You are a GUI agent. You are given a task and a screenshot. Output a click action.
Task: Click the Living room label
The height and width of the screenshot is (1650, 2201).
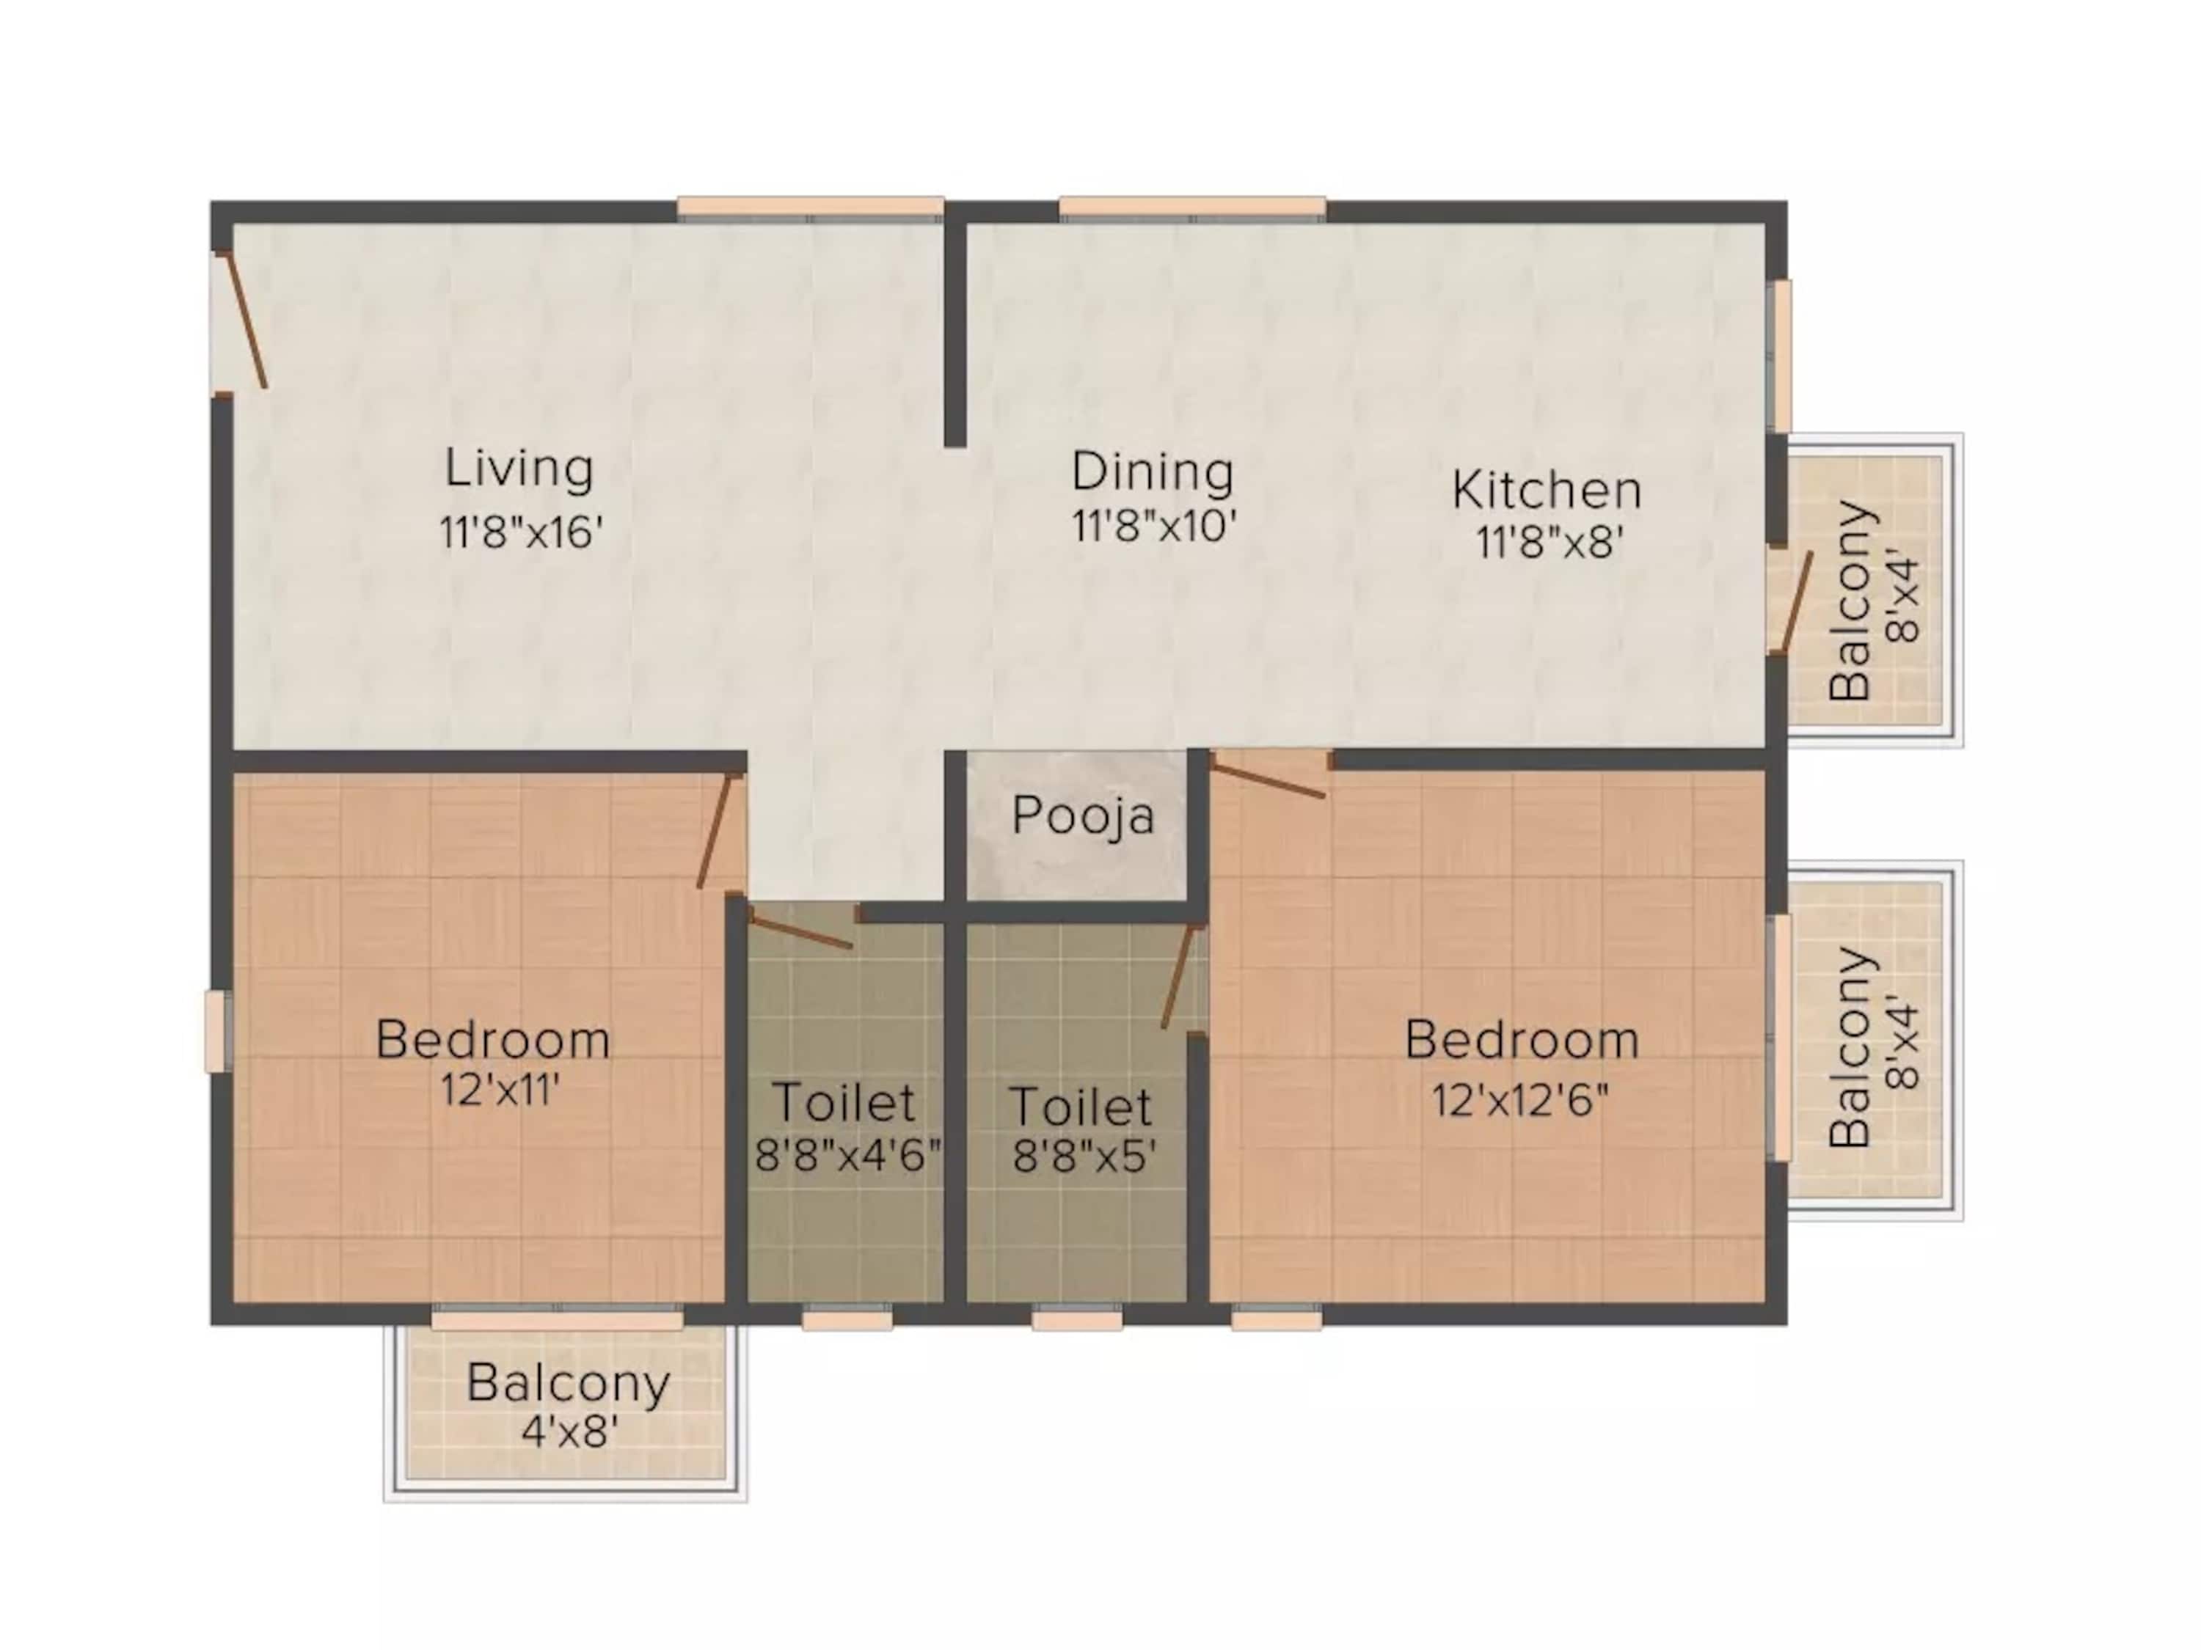(519, 469)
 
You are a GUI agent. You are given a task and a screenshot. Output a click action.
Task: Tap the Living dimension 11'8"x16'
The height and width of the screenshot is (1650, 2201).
(522, 533)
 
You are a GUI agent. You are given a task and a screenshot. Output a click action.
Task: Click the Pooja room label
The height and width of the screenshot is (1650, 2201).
(1084, 815)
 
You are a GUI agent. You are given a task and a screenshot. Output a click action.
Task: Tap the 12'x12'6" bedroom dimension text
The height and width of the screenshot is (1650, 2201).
(1519, 1100)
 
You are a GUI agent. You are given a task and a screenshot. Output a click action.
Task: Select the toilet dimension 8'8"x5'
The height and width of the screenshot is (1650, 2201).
(1084, 1156)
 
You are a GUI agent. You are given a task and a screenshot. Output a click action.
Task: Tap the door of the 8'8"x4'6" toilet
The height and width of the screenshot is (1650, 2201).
(799, 931)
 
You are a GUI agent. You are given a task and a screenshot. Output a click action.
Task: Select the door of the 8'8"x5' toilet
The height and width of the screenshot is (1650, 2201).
(1178, 975)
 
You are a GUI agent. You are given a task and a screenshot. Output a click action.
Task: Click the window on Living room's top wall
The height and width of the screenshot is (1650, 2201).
(810, 208)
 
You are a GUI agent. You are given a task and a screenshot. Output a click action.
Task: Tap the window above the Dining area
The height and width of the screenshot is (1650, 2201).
(1192, 208)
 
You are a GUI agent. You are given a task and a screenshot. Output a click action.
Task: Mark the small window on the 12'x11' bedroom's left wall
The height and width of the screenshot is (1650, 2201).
(216, 1031)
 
